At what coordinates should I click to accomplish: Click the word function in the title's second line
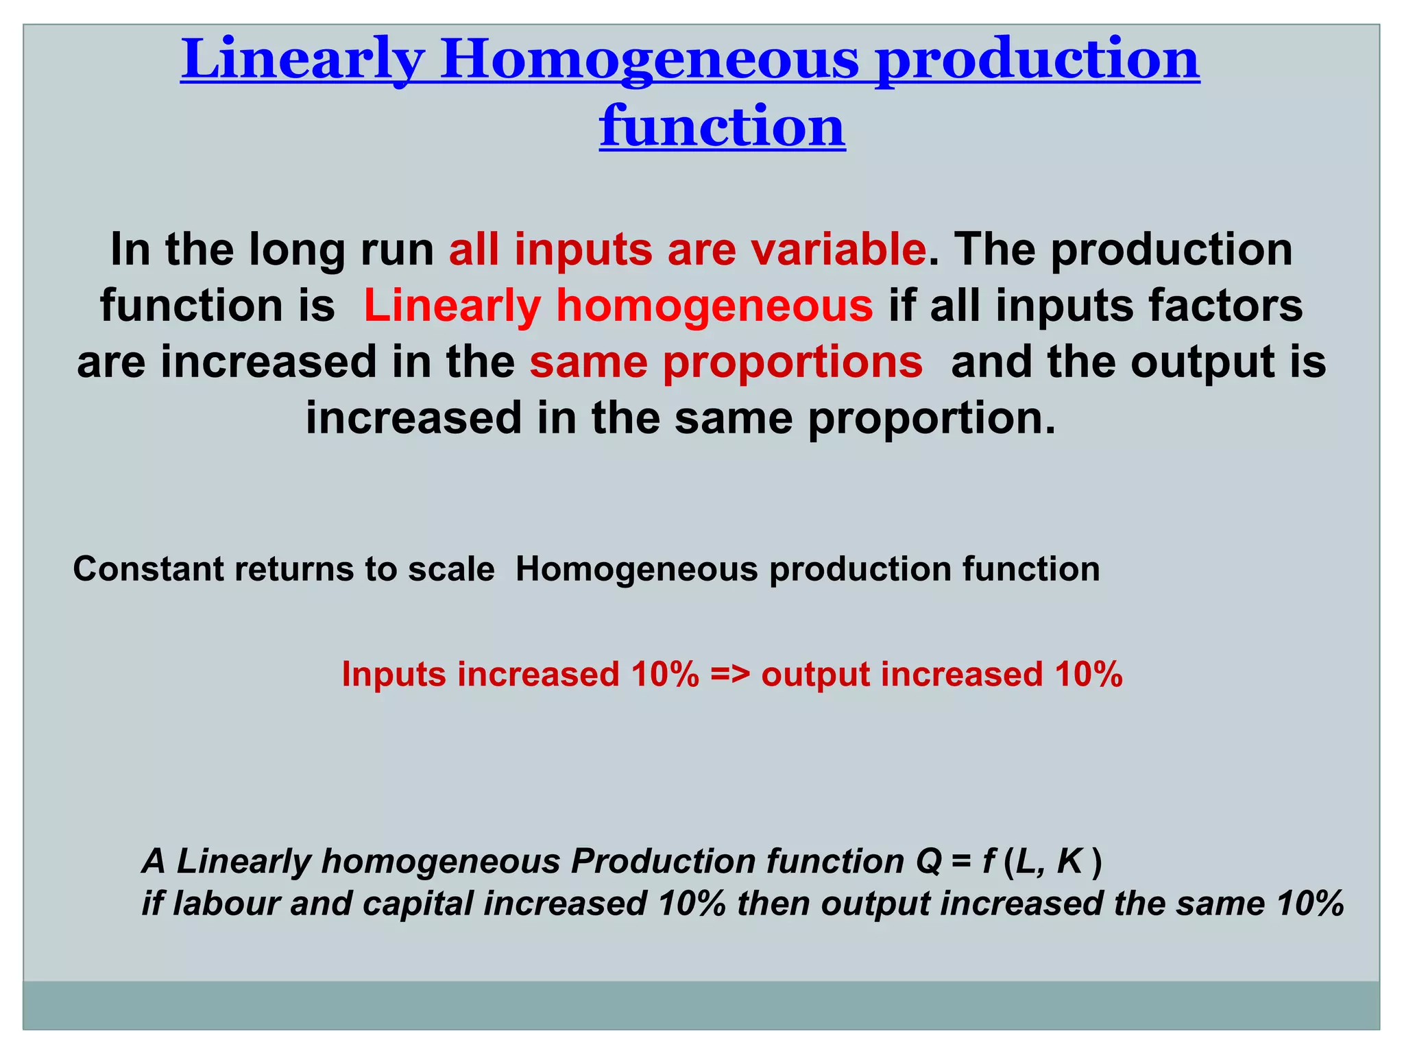[x=722, y=127]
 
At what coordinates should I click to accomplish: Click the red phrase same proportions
[x=725, y=362]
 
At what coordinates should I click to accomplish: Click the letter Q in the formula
[x=929, y=862]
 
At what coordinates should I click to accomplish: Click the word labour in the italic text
[x=226, y=904]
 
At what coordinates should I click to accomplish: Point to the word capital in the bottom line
[x=418, y=904]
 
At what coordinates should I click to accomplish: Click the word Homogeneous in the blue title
[x=649, y=60]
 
